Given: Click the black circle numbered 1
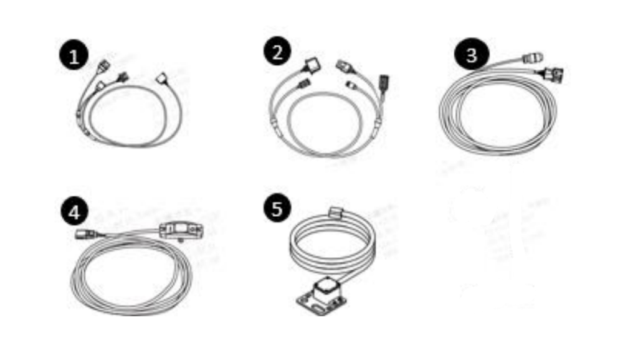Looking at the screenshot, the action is [x=74, y=55].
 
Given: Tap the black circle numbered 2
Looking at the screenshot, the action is [x=277, y=52].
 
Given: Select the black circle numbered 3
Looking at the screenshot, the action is [x=471, y=54].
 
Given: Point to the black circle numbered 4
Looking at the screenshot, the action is [x=74, y=212].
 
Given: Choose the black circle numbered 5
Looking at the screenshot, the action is [x=277, y=208].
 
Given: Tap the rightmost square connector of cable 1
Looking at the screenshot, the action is [x=161, y=78].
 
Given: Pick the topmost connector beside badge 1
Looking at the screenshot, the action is [x=103, y=65].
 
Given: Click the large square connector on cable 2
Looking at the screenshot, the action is [x=313, y=65].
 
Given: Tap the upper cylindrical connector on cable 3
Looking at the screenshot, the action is [x=532, y=58].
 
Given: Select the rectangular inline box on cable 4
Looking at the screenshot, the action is [x=180, y=230].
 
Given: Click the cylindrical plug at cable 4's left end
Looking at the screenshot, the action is [x=85, y=234].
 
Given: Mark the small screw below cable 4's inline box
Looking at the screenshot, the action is [x=181, y=240].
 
